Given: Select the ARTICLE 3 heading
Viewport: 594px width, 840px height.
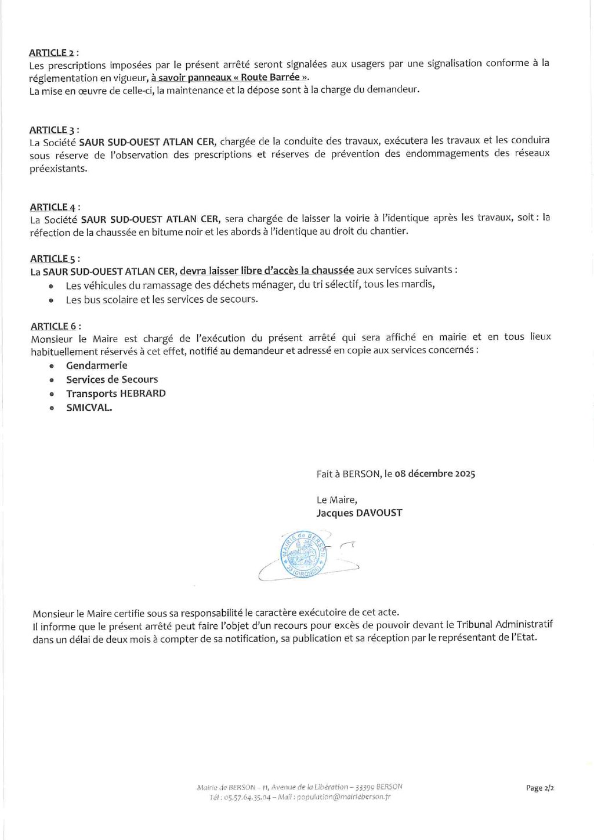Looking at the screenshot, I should pos(55,130).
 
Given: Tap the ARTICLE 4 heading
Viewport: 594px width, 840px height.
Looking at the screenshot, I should pos(55,207).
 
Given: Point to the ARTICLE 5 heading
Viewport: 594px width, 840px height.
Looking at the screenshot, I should pos(55,259).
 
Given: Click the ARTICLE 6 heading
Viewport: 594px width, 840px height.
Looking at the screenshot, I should pos(56,326).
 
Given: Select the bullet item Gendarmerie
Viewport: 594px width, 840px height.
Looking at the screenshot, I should pos(96,365).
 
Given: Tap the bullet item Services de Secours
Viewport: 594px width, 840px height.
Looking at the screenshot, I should pos(112,379).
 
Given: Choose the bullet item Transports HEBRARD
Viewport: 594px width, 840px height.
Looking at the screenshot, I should pos(116,393).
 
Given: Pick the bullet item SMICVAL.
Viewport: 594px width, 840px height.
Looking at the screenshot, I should pos(89,407).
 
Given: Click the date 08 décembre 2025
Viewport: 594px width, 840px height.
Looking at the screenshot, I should pos(434,473).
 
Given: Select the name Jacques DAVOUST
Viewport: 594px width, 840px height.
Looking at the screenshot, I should pos(359,513).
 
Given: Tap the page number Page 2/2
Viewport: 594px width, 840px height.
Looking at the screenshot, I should pos(539,788).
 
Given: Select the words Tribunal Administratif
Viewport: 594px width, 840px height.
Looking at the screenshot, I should pos(504,625).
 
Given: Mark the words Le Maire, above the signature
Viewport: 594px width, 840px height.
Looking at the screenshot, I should pos(337,499).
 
